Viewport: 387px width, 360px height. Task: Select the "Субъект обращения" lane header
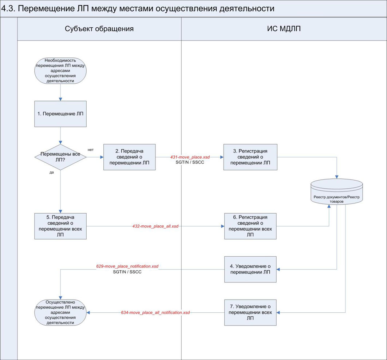(x=99, y=29)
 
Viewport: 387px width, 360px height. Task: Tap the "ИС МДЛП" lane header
(x=284, y=29)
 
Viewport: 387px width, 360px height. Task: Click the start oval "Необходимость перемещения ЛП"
(x=60, y=71)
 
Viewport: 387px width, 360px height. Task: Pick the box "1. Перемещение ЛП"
(x=60, y=114)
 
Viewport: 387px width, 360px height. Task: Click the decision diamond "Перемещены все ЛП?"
(x=60, y=157)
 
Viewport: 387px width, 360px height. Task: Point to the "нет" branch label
(x=91, y=149)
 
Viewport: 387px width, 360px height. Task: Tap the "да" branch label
(x=51, y=173)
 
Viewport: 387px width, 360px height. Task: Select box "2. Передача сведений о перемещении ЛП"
(x=129, y=157)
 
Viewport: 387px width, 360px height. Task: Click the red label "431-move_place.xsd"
(x=190, y=157)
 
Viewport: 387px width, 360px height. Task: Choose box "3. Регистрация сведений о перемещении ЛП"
(x=250, y=157)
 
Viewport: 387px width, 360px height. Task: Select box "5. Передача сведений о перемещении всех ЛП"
(x=60, y=226)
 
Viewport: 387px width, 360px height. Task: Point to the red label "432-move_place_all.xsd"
(x=155, y=226)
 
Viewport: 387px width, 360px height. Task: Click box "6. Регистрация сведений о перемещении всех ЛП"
(x=250, y=226)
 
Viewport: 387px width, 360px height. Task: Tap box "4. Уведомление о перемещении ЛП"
(x=250, y=269)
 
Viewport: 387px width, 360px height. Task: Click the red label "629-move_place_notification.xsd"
(x=127, y=266)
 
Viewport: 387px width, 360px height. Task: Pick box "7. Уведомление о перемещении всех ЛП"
(x=250, y=312)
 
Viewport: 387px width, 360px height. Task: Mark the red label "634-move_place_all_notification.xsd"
(x=155, y=312)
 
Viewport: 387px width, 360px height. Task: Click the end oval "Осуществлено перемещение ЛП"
(x=60, y=312)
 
